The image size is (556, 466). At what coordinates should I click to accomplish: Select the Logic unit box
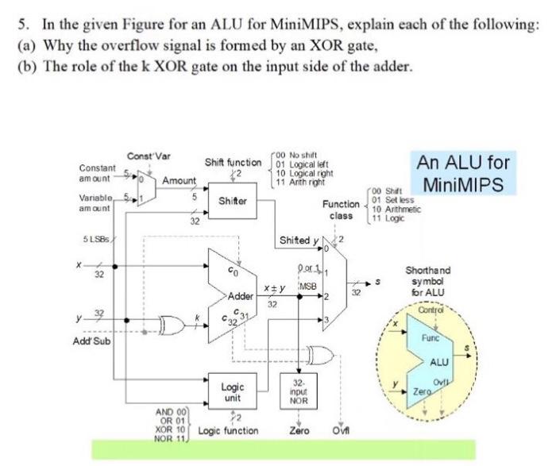[230, 392]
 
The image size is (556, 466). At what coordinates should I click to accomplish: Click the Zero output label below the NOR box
[299, 430]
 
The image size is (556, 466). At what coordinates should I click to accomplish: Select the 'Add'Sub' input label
[93, 341]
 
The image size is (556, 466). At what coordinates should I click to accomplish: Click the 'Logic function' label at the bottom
[229, 430]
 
